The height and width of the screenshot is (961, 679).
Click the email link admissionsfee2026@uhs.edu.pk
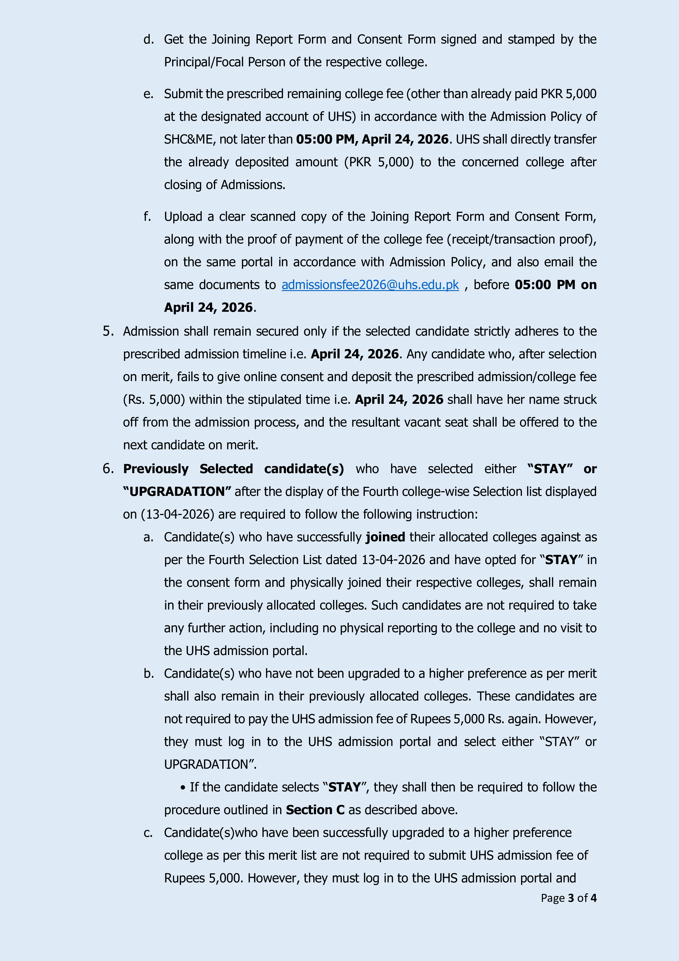pos(370,285)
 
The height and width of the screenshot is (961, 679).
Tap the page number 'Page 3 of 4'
pos(569,898)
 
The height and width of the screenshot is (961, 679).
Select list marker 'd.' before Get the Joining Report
pos(148,40)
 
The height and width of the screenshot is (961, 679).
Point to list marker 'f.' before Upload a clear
pos(147,217)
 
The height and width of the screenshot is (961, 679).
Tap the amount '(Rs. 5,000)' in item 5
pos(154,400)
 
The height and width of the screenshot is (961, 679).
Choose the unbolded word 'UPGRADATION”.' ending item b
pos(210,764)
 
